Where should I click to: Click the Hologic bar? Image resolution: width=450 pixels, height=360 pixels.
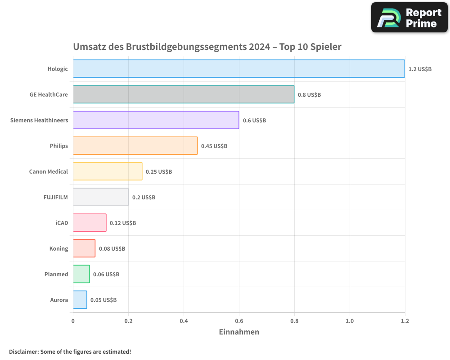(238, 69)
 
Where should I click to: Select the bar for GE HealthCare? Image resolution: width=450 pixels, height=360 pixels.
(184, 94)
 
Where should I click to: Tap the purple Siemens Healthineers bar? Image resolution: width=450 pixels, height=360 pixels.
(156, 120)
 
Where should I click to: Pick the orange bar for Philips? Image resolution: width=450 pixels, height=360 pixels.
(135, 146)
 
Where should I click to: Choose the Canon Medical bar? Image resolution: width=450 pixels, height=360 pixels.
(108, 171)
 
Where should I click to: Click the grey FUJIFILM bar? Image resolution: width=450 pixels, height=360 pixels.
(100, 197)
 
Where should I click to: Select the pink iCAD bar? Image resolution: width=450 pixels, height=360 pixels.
(90, 223)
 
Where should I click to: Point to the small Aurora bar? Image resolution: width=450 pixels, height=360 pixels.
(80, 300)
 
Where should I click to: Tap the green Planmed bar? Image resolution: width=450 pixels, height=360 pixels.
(81, 274)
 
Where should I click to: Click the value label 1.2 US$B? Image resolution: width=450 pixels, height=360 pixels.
(420, 69)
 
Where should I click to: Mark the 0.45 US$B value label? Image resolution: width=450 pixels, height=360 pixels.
(214, 146)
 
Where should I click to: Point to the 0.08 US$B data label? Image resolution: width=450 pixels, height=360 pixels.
(112, 249)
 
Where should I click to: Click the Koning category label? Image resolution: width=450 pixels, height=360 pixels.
(58, 249)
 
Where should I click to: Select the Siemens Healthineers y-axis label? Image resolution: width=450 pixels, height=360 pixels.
(39, 121)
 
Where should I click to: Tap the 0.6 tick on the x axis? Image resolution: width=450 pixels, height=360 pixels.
(239, 321)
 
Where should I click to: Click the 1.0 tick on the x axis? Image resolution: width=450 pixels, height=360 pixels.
(350, 321)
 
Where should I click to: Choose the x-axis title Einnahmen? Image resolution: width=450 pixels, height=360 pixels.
(239, 332)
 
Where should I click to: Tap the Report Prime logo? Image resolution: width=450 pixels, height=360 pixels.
(409, 18)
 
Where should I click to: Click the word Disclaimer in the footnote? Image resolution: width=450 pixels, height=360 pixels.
(23, 352)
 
